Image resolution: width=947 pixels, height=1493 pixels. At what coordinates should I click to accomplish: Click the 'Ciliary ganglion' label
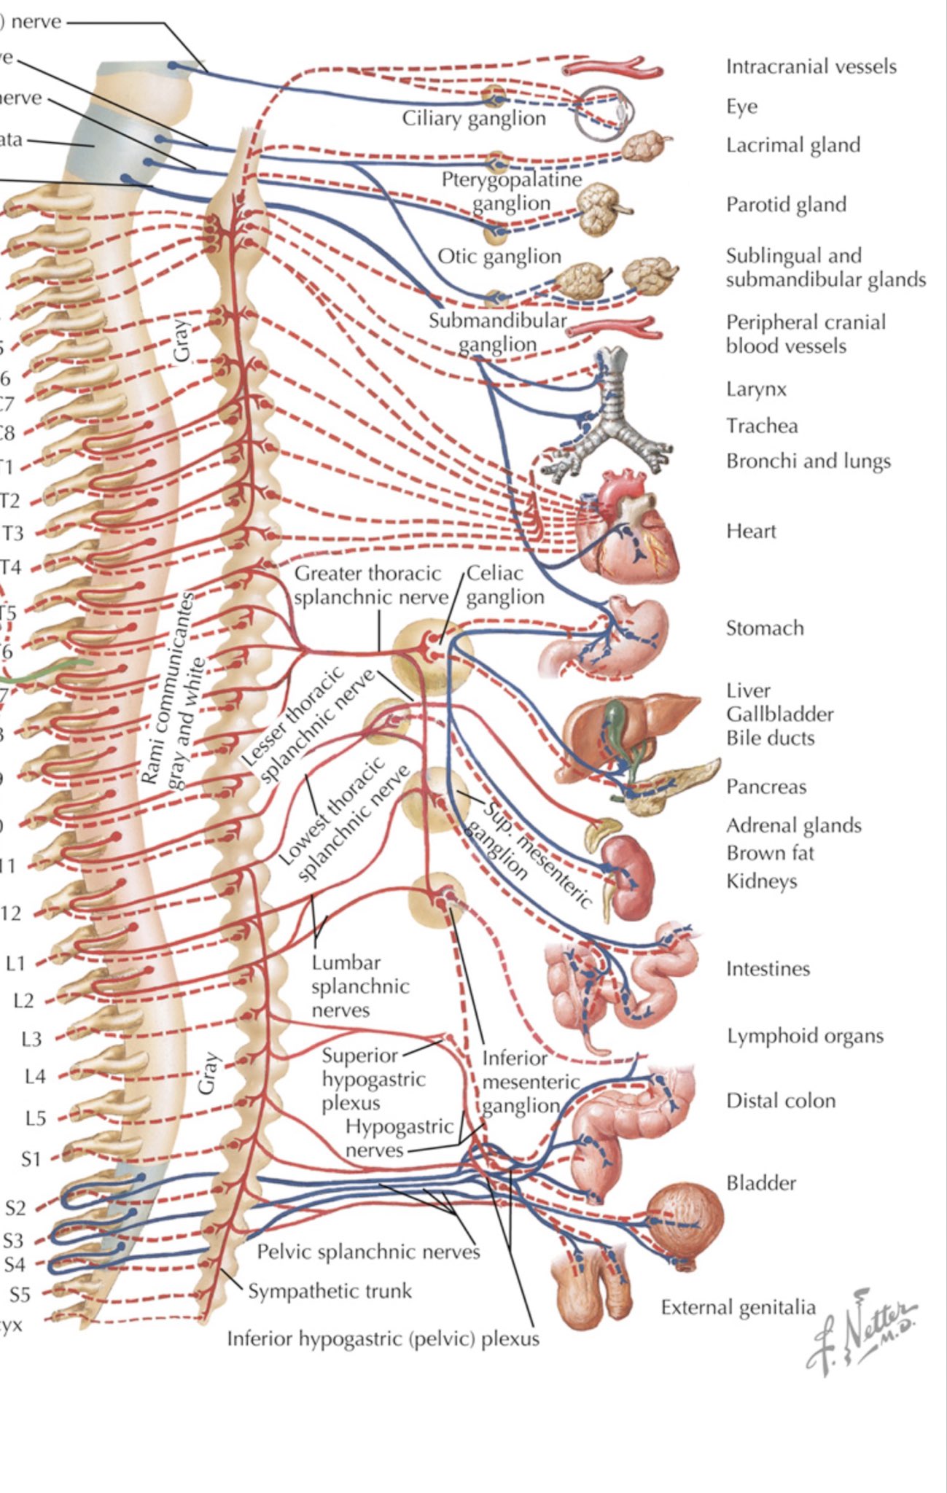point(474,118)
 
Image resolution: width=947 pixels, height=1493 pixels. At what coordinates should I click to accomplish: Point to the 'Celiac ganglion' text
point(505,585)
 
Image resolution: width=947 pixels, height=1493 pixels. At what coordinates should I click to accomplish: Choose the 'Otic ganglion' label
point(499,257)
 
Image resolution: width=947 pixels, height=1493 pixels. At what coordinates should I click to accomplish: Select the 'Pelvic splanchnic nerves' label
point(368,1252)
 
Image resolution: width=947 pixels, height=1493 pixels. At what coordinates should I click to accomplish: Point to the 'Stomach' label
point(765,628)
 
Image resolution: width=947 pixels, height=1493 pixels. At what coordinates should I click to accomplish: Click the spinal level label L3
point(31,1039)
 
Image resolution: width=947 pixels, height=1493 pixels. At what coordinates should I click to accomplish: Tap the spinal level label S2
point(16,1209)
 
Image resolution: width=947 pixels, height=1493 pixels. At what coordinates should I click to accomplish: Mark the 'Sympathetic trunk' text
point(330,1291)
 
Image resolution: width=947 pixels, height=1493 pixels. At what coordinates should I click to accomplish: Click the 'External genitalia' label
point(738,1307)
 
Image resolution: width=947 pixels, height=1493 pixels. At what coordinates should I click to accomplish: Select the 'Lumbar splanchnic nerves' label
point(359,986)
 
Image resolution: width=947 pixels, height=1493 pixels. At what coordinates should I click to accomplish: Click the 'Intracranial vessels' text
point(811,67)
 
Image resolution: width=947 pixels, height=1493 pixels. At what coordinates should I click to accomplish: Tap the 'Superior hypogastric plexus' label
point(372,1079)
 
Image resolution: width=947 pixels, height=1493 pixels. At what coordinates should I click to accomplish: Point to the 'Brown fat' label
point(770,853)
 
